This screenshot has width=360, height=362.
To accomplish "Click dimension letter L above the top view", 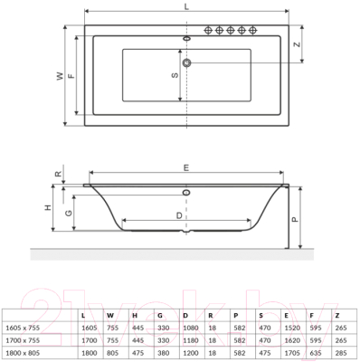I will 185,8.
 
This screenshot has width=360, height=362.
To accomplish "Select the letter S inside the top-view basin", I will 175,75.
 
